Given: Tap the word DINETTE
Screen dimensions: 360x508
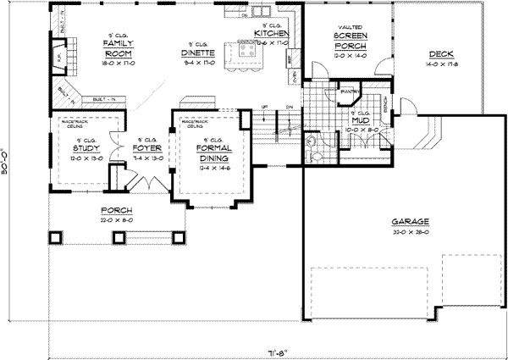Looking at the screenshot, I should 196,53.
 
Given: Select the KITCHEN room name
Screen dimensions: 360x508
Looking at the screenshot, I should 271,33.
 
